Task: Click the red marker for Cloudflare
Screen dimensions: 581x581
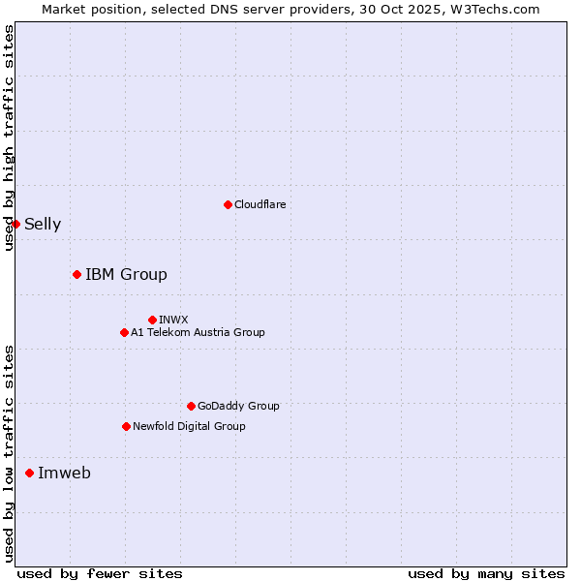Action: tap(228, 204)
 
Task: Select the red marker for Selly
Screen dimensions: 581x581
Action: tap(15, 224)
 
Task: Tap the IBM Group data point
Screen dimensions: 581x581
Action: tap(76, 274)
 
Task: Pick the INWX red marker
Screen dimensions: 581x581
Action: tap(152, 320)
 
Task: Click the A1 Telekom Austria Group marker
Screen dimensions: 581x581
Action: tap(124, 332)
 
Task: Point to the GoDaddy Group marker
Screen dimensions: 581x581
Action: tap(191, 406)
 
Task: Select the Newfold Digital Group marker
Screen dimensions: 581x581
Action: tap(126, 426)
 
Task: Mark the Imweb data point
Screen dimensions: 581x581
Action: tap(29, 473)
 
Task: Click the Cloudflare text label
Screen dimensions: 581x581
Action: tap(260, 204)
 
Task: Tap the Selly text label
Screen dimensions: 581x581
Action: tap(43, 225)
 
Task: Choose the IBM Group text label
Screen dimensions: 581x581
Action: tap(126, 275)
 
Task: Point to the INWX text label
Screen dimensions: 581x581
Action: tap(173, 320)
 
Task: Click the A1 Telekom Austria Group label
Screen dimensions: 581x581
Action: tap(198, 332)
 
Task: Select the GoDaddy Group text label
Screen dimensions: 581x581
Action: tap(238, 407)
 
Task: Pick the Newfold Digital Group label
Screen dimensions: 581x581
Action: tap(189, 426)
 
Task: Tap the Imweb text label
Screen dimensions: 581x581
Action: tap(64, 474)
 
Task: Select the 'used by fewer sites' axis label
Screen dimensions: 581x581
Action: tap(100, 573)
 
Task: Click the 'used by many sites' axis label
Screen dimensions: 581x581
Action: tap(486, 573)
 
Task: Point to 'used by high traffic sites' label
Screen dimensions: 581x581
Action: tap(9, 138)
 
